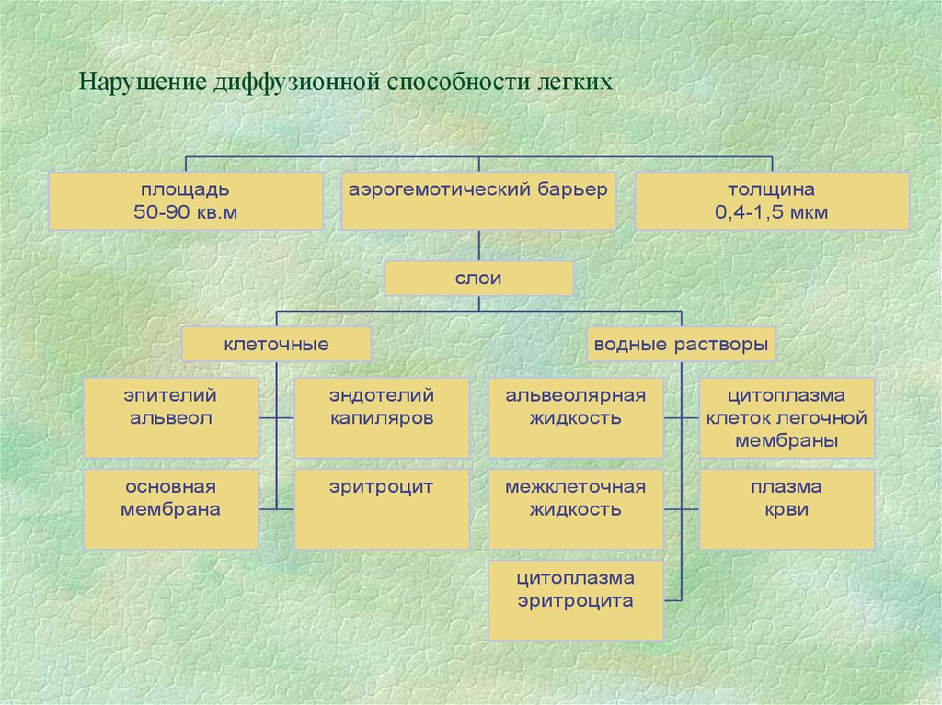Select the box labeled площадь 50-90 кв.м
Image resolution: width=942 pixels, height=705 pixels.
185,200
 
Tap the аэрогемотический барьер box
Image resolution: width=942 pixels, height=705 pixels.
478,200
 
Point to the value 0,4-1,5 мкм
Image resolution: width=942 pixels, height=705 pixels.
773,213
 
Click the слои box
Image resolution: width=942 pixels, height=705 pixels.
478,279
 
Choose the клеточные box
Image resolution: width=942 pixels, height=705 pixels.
276,345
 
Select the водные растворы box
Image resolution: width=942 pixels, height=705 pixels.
681,345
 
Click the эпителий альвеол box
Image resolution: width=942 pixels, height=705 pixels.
171,417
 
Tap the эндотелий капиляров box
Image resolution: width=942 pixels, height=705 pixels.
382,417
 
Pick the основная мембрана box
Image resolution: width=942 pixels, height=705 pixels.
171,509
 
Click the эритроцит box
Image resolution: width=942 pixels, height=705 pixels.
382,509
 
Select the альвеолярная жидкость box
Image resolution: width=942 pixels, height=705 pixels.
575,417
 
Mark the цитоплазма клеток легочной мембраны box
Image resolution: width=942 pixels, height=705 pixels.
787,417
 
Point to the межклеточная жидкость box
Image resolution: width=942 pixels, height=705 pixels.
575,509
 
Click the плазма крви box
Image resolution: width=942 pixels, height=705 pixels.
787,509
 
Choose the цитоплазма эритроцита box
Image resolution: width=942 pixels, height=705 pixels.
575,600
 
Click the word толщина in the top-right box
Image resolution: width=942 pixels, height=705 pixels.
773,190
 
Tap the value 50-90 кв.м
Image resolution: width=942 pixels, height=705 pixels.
185,213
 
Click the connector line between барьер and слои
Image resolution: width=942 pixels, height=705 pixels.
478,245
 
